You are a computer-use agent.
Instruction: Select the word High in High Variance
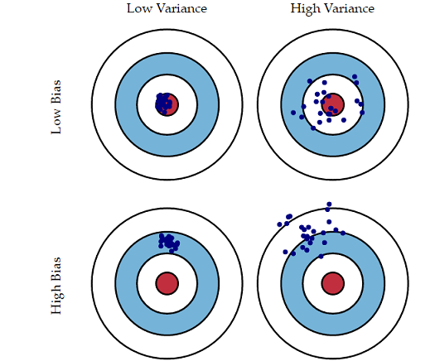[305, 8]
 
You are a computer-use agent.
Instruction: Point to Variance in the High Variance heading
[350, 8]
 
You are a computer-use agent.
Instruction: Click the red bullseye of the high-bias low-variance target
[167, 283]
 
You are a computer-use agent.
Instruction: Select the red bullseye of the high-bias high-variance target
[333, 283]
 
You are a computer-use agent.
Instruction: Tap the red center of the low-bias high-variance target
[333, 104]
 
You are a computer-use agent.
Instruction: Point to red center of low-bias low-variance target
[167, 104]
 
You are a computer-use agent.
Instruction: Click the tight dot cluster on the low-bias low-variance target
[163, 103]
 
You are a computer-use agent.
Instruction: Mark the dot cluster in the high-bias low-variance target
[169, 243]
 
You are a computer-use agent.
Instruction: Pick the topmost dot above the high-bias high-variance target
[329, 205]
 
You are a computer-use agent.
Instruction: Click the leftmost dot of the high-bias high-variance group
[280, 224]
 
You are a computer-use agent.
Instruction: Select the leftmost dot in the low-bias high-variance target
[293, 113]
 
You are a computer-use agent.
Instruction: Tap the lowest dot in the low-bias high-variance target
[313, 128]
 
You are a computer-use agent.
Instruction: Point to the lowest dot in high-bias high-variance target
[321, 257]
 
